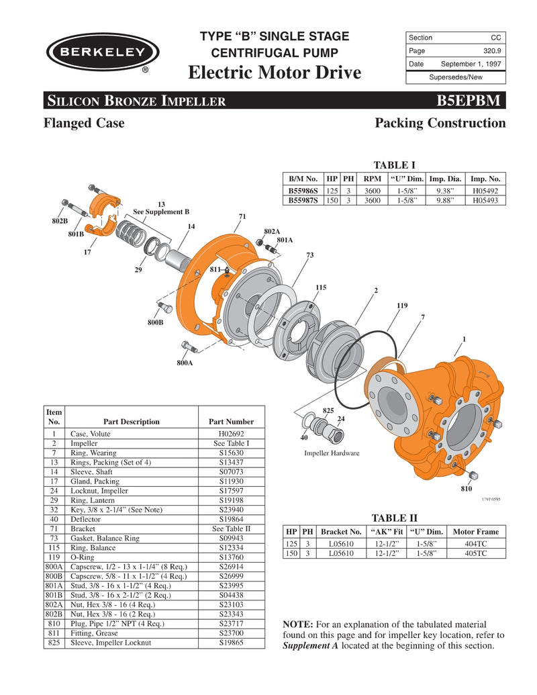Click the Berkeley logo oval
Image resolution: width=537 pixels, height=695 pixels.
click(102, 52)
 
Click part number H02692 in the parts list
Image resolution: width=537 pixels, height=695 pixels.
click(231, 434)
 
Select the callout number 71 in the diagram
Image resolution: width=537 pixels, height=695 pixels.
click(242, 216)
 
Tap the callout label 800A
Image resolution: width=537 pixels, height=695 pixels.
click(185, 363)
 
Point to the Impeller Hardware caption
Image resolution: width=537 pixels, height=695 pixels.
click(332, 453)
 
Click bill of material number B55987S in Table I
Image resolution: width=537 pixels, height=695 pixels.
click(302, 200)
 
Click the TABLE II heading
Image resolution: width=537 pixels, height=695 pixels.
click(394, 518)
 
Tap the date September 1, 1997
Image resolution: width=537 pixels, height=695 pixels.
click(471, 64)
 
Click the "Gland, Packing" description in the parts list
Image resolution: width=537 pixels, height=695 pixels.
click(95, 481)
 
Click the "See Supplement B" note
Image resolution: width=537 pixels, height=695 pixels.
click(161, 212)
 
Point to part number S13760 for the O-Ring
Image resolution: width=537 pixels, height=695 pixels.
click(231, 557)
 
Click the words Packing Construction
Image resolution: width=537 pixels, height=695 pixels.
click(440, 123)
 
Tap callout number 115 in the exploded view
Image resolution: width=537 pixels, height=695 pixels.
click(321, 287)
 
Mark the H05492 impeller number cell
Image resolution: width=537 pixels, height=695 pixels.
click(485, 191)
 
